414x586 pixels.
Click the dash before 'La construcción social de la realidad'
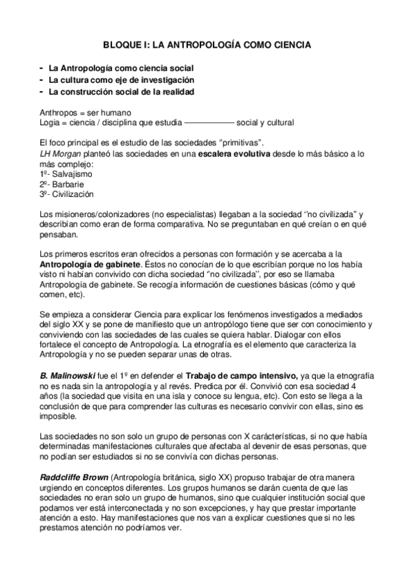[43, 91]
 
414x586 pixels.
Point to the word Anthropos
[60, 112]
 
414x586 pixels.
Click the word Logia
[52, 123]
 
